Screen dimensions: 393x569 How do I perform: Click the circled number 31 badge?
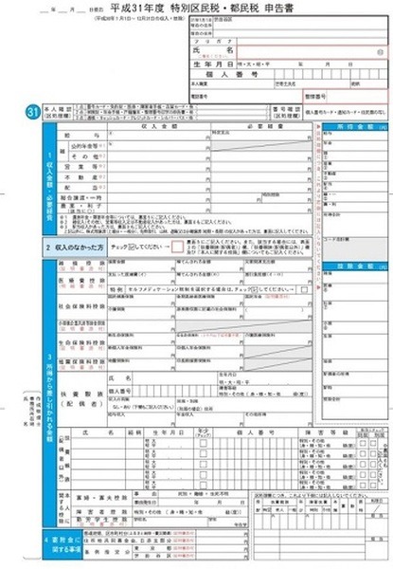31,113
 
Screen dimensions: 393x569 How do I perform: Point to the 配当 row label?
68,200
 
